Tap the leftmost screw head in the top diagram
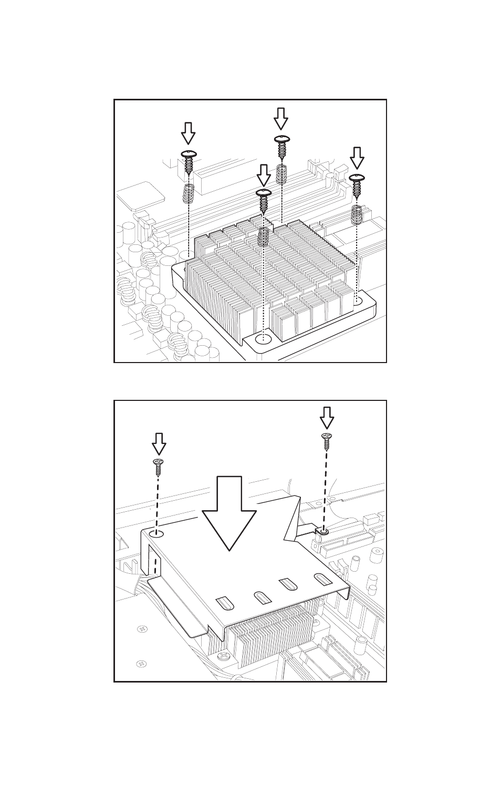coord(189,154)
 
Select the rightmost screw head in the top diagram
coord(357,178)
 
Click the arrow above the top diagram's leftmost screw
coord(188,133)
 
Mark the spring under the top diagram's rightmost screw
coord(357,213)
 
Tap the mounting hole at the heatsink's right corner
coord(358,302)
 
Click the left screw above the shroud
coord(158,463)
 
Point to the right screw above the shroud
coord(326,438)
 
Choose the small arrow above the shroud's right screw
coord(327,418)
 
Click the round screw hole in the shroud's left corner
coord(156,534)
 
